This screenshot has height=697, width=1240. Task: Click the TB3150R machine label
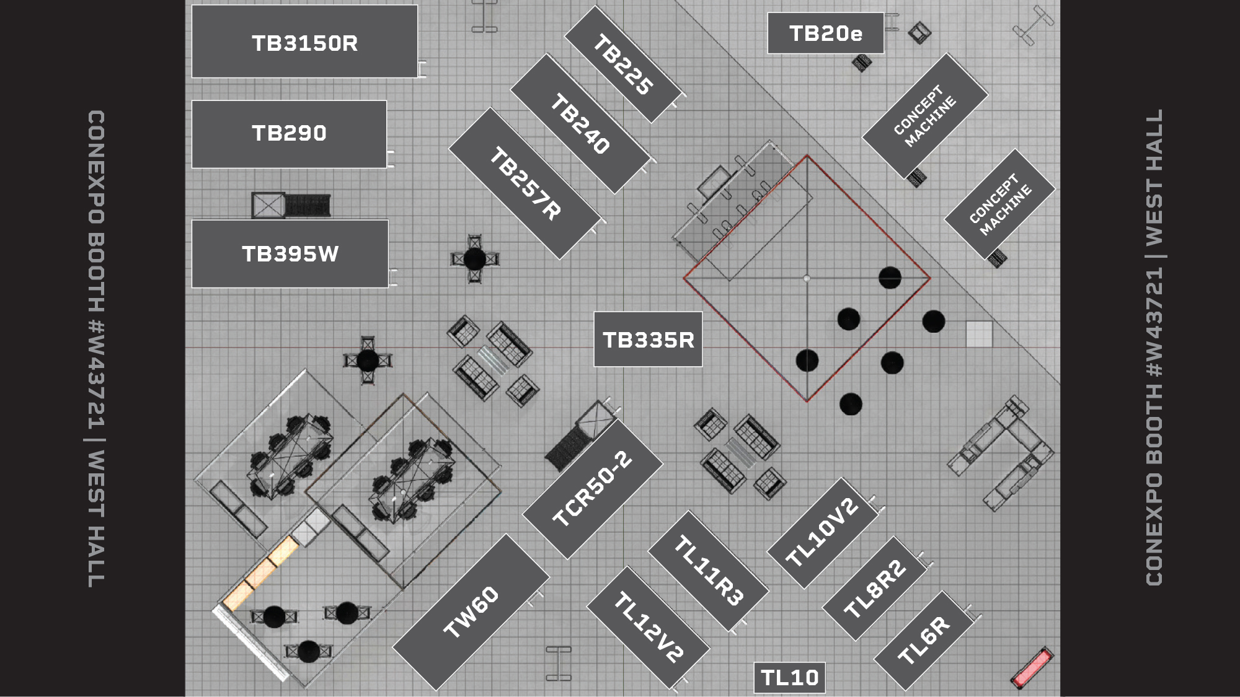[304, 42]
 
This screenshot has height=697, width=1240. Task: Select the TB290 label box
[289, 133]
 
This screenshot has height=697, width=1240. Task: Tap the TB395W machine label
[290, 253]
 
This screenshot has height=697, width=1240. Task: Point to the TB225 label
[623, 64]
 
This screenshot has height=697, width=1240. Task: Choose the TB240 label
[581, 123]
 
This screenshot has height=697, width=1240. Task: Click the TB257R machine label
[525, 183]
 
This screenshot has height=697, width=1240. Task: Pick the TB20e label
[825, 33]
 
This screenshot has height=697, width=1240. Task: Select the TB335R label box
[648, 340]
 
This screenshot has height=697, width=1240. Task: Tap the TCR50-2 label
[592, 489]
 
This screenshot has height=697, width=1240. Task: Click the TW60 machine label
[471, 612]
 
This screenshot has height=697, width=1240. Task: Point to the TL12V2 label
[649, 627]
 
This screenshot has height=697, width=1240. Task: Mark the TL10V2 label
[822, 533]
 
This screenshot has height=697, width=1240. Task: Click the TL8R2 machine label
[875, 589]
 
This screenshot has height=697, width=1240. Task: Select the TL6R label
[924, 641]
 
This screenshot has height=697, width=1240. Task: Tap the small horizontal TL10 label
[789, 677]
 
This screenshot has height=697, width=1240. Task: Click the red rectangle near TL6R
[1032, 667]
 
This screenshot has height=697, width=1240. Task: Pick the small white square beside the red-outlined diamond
[979, 334]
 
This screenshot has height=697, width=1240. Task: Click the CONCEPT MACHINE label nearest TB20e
[924, 116]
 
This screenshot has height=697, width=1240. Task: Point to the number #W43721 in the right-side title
[1154, 322]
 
